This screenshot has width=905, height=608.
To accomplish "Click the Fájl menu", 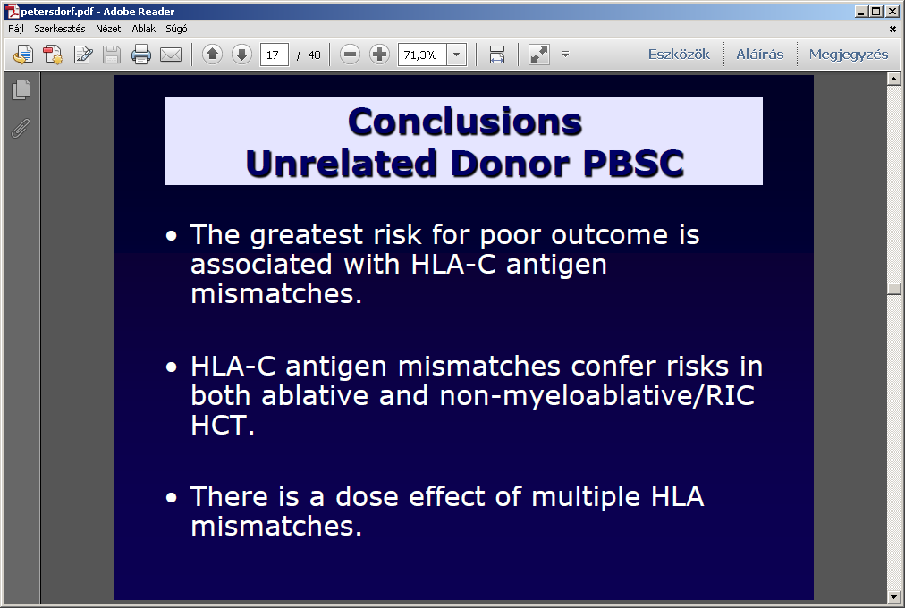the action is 15,29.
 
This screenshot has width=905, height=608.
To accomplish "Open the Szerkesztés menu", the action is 59,29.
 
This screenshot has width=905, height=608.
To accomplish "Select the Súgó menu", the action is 176,29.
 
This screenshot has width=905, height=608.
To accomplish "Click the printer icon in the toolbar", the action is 140,55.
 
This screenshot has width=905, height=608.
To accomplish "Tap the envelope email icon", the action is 170,55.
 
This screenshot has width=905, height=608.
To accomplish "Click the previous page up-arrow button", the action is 213,55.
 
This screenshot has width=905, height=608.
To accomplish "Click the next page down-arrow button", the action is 241,55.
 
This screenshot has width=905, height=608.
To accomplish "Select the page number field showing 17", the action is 275,55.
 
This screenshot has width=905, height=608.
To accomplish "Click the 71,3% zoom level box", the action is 422,55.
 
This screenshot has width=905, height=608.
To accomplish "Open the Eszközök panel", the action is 679,55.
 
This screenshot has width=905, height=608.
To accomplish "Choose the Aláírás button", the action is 759,55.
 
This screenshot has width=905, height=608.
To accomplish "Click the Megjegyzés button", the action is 849,55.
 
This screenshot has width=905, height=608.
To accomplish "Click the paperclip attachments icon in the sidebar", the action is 21,128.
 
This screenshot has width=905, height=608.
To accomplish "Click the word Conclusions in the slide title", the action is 465,122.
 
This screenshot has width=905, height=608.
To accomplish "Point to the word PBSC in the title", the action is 634,164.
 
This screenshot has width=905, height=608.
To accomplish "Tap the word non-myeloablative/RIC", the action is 597,396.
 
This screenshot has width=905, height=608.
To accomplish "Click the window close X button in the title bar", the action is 892,11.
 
